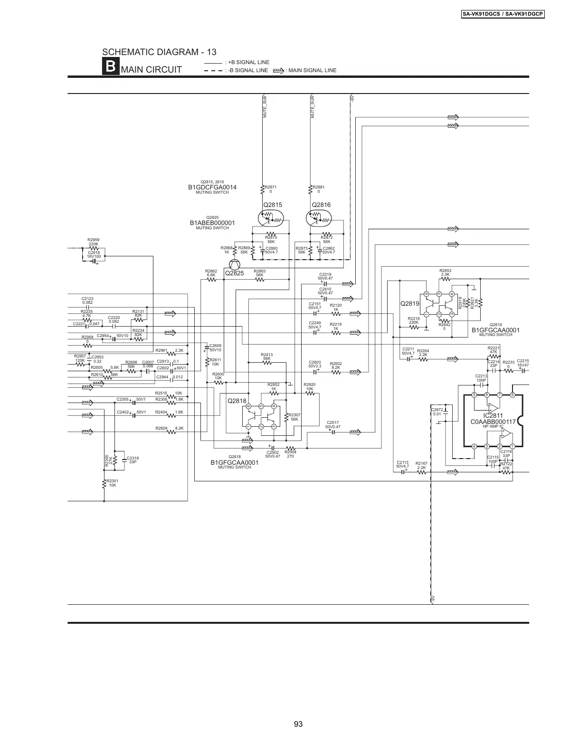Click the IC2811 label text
(493, 416)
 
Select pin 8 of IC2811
(512, 395)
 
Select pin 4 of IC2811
(474, 446)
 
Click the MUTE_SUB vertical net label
(265, 107)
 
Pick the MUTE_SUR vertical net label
(313, 107)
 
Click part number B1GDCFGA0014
(212, 187)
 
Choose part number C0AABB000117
(493, 422)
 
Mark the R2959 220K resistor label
(94, 242)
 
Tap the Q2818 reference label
(237, 401)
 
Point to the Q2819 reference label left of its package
(410, 303)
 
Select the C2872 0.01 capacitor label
(437, 411)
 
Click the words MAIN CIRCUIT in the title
(152, 70)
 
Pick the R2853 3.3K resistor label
(446, 272)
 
